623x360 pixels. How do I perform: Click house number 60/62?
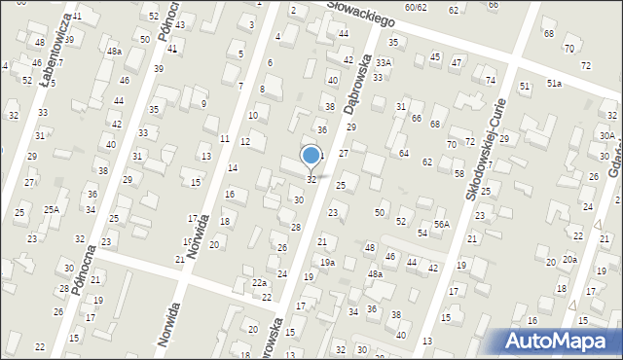click(x=417, y=8)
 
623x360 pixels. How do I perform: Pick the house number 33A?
click(x=385, y=62)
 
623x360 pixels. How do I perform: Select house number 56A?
click(x=442, y=224)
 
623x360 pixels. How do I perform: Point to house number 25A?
click(x=51, y=209)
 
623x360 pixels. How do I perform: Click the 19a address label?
click(x=328, y=262)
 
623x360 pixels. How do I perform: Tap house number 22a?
click(x=259, y=282)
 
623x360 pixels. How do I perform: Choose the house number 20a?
click(x=569, y=260)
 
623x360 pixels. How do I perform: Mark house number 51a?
click(x=554, y=84)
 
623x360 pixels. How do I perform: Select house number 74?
click(x=491, y=80)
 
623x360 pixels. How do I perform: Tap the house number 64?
click(x=403, y=153)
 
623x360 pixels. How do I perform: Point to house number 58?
click(x=459, y=173)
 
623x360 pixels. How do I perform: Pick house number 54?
click(x=422, y=234)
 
